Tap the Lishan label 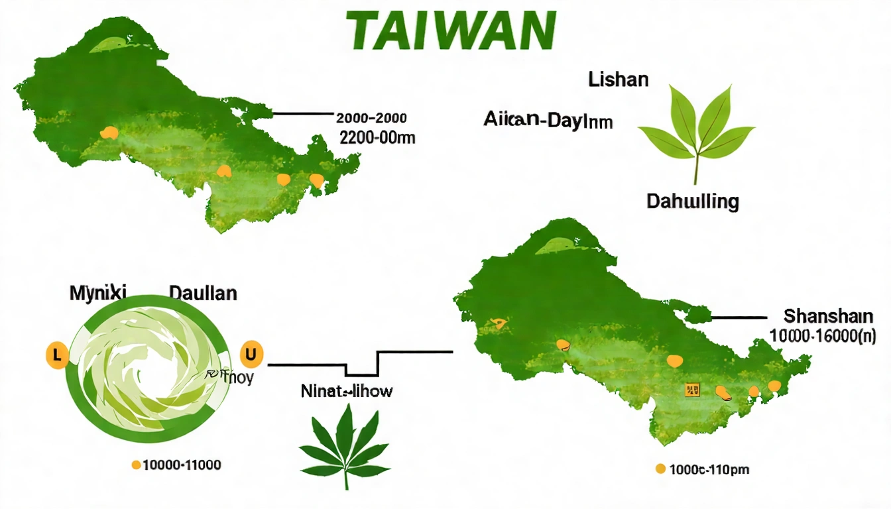point(618,80)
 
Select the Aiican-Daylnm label point(548,122)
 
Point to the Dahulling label point(693,201)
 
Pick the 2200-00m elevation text point(377,138)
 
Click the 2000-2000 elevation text point(371,119)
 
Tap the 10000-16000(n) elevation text point(823,336)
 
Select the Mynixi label point(97,292)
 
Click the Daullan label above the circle point(203,292)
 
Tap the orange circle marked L point(56,355)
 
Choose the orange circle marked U point(250,355)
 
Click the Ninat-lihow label point(346,391)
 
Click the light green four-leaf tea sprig point(696,129)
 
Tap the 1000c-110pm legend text point(709,469)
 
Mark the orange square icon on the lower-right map point(691,390)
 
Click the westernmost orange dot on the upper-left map point(109,133)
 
